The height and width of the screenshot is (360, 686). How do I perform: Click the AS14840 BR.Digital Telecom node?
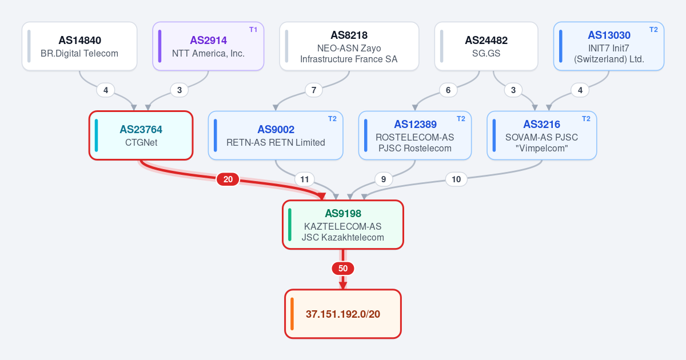pos(79,46)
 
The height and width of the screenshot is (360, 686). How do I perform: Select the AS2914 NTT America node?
pos(208,46)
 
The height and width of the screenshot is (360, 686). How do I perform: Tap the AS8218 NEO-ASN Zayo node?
pos(349,46)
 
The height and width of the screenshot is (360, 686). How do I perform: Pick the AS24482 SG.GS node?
pos(486,46)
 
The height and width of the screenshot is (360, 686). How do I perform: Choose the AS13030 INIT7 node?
pos(609,46)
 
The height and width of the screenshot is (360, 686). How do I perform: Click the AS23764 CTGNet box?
pos(141,135)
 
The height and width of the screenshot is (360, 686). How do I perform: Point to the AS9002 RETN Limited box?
pos(276,135)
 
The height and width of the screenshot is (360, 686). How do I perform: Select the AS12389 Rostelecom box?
pos(415,135)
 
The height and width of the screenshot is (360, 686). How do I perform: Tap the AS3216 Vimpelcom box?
pos(542,135)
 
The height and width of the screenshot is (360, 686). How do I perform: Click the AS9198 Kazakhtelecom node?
pos(343,225)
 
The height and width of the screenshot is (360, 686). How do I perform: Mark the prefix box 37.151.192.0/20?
pos(343,314)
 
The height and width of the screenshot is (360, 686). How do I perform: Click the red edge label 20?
pos(228,179)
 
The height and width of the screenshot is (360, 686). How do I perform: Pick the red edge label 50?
pos(343,269)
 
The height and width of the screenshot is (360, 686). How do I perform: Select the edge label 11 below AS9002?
pos(304,179)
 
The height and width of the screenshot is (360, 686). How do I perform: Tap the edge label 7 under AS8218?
pos(314,90)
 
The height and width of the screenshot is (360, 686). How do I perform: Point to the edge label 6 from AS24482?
pos(448,90)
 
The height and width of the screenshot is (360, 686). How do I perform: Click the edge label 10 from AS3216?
pos(456,179)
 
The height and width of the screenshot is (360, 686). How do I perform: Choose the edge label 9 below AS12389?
pos(384,179)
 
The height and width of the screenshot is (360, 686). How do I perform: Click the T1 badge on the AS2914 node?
pos(253,30)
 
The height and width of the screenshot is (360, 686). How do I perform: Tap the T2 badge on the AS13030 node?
pos(653,30)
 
